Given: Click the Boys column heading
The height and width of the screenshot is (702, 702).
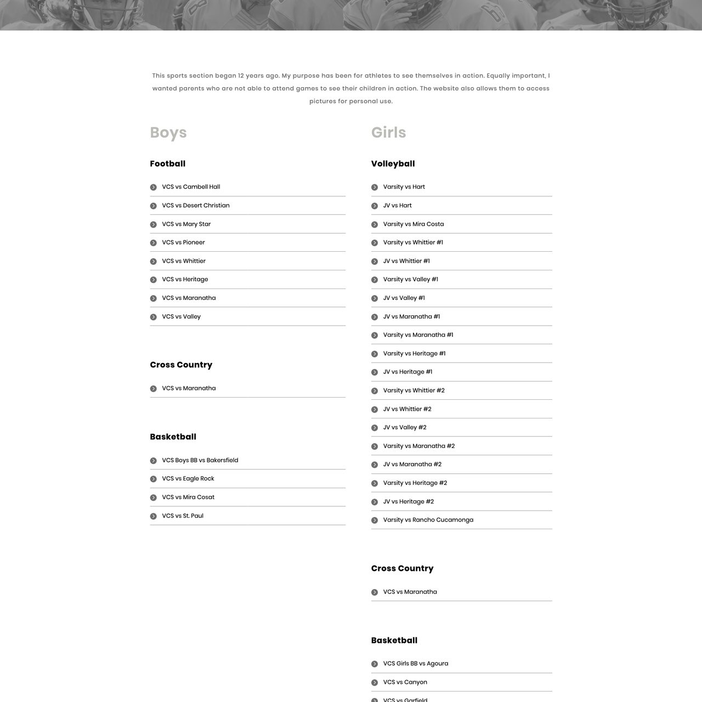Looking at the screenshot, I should tap(168, 133).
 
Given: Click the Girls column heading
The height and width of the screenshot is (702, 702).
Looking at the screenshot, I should tap(388, 133).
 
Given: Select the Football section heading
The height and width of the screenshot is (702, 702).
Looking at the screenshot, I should tap(168, 164).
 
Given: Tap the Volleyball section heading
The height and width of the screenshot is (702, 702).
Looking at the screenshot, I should tap(393, 164).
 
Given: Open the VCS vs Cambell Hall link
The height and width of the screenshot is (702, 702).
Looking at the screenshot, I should tap(191, 187).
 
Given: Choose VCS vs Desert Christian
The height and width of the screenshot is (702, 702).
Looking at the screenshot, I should tap(196, 206).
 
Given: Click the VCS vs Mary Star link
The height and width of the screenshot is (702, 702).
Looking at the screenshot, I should tap(186, 224).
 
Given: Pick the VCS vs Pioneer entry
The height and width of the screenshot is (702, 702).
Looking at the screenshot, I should tap(183, 242).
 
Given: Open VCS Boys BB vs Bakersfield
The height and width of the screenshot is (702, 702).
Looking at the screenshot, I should tap(200, 461).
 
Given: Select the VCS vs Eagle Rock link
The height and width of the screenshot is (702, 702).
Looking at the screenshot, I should tap(188, 479).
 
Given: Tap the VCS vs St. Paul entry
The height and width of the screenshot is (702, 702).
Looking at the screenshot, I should tap(183, 516).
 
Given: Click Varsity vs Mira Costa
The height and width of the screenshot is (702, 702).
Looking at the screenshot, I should tap(414, 224).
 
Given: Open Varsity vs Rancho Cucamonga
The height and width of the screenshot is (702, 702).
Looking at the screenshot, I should tap(428, 520).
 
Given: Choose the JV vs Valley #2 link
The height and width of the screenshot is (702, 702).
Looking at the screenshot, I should tap(405, 428).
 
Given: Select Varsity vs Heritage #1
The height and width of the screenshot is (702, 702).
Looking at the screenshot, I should tap(414, 354).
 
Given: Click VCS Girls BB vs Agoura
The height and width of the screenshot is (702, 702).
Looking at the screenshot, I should tap(415, 664).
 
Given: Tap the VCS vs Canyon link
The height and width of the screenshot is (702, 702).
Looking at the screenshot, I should tap(405, 682).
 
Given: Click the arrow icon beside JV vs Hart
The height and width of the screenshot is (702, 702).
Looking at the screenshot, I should tap(375, 206).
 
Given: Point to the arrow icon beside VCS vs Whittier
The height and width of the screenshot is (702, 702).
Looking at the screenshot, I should tap(154, 262).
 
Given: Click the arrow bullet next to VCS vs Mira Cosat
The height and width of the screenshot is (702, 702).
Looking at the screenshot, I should tap(154, 498).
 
